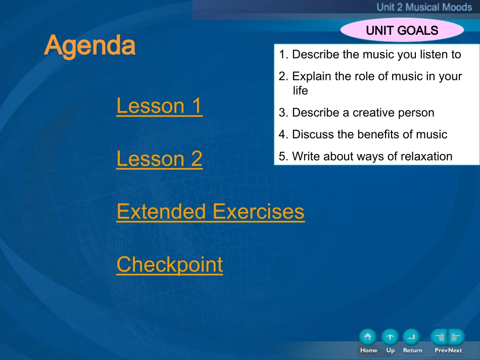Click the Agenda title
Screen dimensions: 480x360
(90, 46)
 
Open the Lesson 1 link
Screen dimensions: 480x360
(160, 106)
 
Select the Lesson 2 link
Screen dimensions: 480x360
(160, 159)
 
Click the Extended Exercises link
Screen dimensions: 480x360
(211, 212)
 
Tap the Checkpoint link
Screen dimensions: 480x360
(170, 265)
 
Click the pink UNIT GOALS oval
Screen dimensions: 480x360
(402, 30)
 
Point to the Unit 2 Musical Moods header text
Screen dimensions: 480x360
(424, 7)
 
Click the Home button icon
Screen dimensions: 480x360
(368, 337)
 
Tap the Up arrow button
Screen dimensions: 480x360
(390, 337)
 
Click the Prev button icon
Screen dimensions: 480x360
(439, 337)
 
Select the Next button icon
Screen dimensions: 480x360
(456, 337)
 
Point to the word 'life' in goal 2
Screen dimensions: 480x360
(300, 90)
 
